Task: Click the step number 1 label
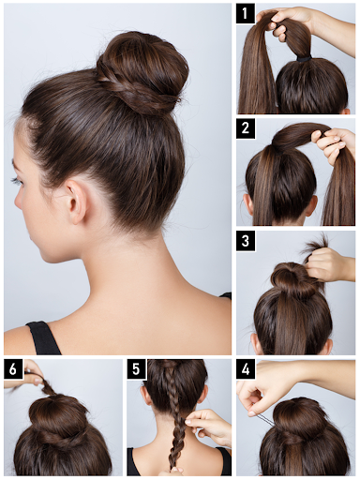[x=245, y=13]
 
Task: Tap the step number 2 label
[x=246, y=128]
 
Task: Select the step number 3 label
[x=246, y=241]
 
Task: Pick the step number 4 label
[x=246, y=369]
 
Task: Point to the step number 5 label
[x=136, y=369]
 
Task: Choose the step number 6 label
[x=13, y=369]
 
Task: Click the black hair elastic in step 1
[x=304, y=58]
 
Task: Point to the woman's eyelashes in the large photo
[x=16, y=181]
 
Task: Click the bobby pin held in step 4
[x=262, y=418]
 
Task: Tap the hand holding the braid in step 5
[x=209, y=424]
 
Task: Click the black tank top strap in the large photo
[x=43, y=337]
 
